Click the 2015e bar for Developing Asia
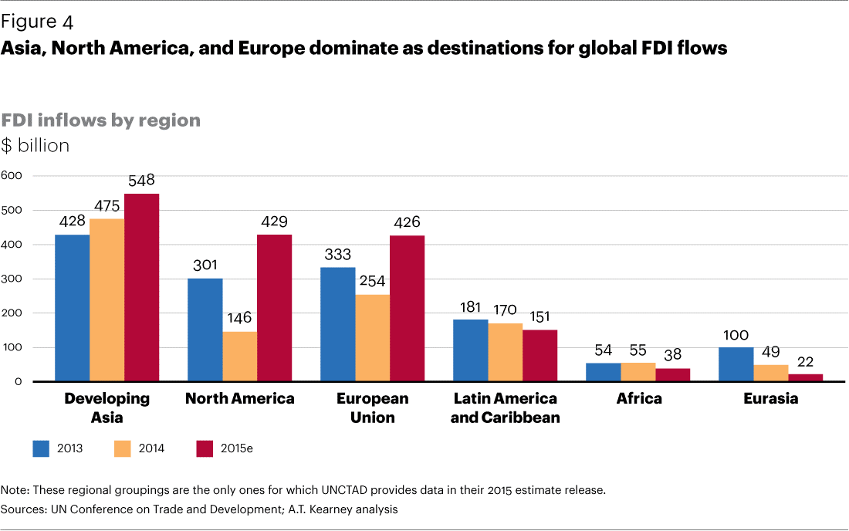tap(141, 287)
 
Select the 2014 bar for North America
tap(240, 357)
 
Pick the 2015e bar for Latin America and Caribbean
tap(540, 356)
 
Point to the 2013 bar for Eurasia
tap(736, 364)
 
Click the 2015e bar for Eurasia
tap(806, 377)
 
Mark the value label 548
tap(141, 181)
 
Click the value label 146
tap(239, 318)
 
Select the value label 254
tap(373, 281)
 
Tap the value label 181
tap(470, 306)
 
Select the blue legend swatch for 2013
tap(41, 448)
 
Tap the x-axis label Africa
tap(639, 399)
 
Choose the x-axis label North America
tap(240, 399)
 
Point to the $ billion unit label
tap(36, 145)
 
